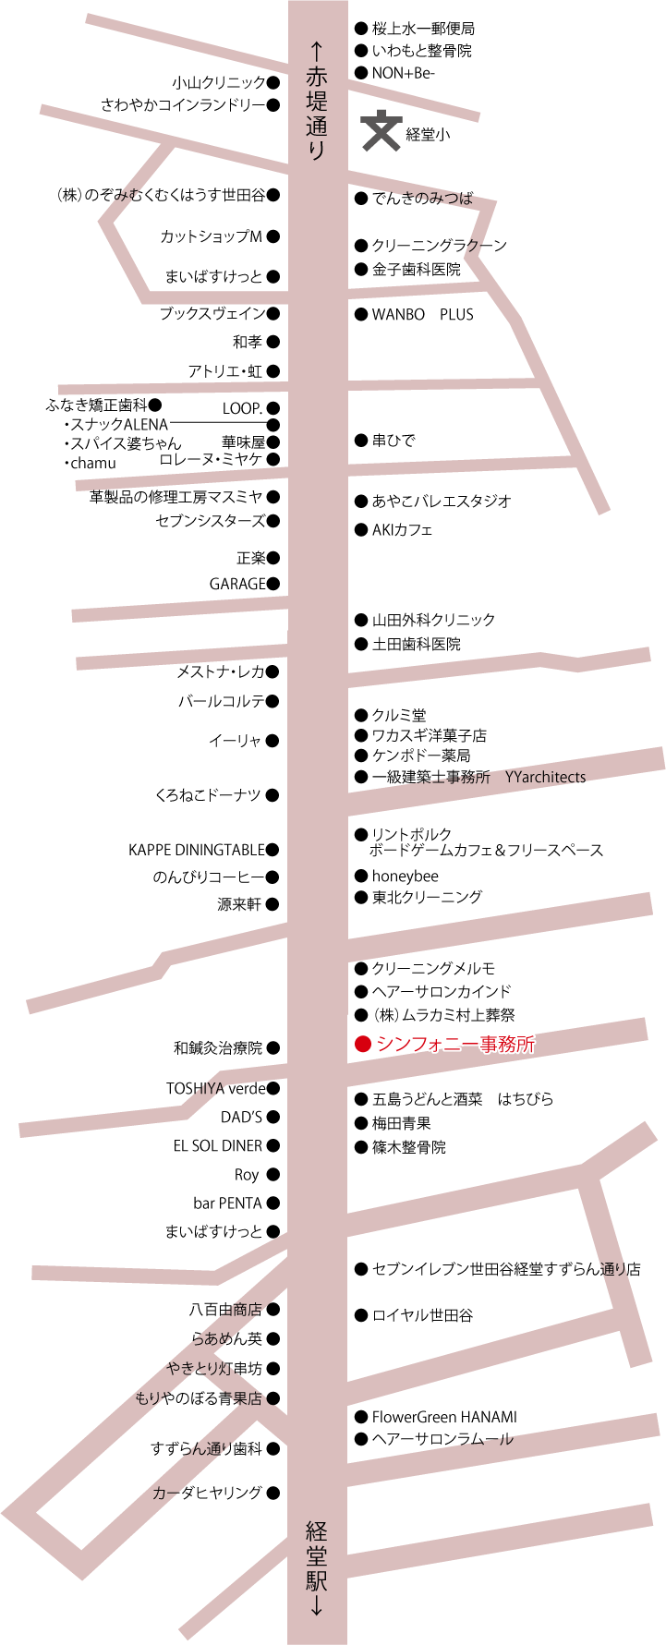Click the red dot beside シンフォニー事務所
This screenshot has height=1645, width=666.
[362, 1045]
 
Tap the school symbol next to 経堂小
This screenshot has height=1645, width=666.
[380, 131]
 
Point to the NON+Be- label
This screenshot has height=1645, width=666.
[403, 73]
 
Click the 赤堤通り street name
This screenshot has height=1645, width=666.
[317, 103]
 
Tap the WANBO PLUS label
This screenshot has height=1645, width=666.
[422, 314]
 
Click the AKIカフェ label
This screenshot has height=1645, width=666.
[402, 529]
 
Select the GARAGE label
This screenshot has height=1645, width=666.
[237, 584]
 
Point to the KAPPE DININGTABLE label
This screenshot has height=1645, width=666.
[197, 850]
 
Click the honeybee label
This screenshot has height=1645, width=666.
[405, 876]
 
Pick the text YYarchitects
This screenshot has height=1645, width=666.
[545, 777]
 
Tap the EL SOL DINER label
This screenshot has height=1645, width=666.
[218, 1145]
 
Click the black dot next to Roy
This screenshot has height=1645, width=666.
[272, 1175]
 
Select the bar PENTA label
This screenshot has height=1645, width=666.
[228, 1204]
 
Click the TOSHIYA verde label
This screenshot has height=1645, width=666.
[216, 1088]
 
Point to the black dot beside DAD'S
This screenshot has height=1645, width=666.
[272, 1117]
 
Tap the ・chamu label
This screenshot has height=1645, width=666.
[91, 464]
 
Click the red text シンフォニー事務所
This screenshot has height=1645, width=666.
[455, 1045]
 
